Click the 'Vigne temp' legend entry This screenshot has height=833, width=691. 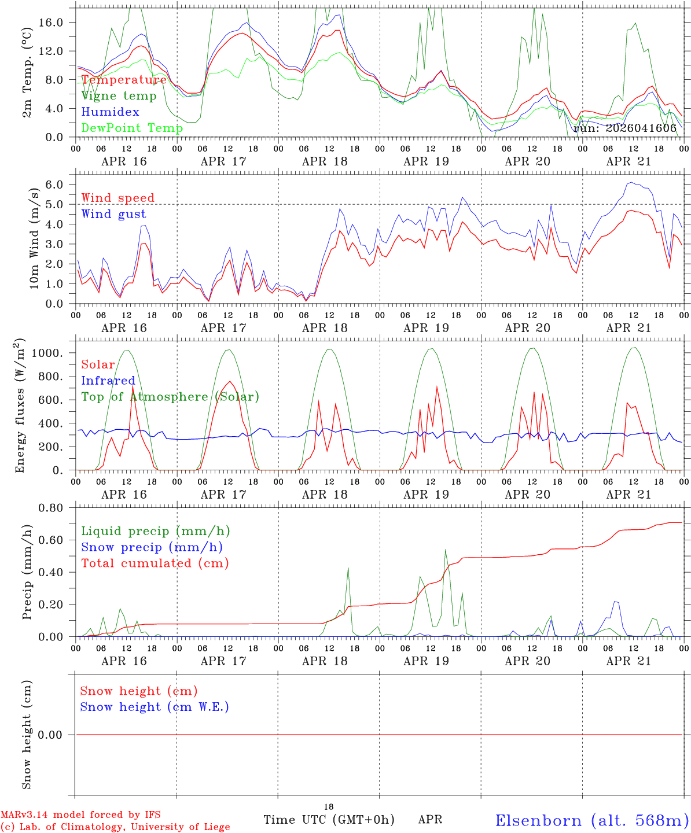[x=119, y=96]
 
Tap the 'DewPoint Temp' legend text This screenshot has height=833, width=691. [x=132, y=128]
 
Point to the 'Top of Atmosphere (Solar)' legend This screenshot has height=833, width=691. [x=170, y=397]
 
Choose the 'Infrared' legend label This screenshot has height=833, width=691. [x=108, y=381]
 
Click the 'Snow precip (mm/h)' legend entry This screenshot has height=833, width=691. [x=152, y=547]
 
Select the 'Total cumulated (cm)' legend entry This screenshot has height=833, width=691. [x=155, y=563]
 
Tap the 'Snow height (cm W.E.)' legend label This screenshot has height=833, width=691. [x=154, y=707]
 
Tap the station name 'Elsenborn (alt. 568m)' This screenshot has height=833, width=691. [x=591, y=820]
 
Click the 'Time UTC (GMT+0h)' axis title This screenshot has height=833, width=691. [x=329, y=820]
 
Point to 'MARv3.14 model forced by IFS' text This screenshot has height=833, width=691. [x=80, y=815]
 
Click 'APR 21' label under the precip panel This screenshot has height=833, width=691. [x=628, y=661]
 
